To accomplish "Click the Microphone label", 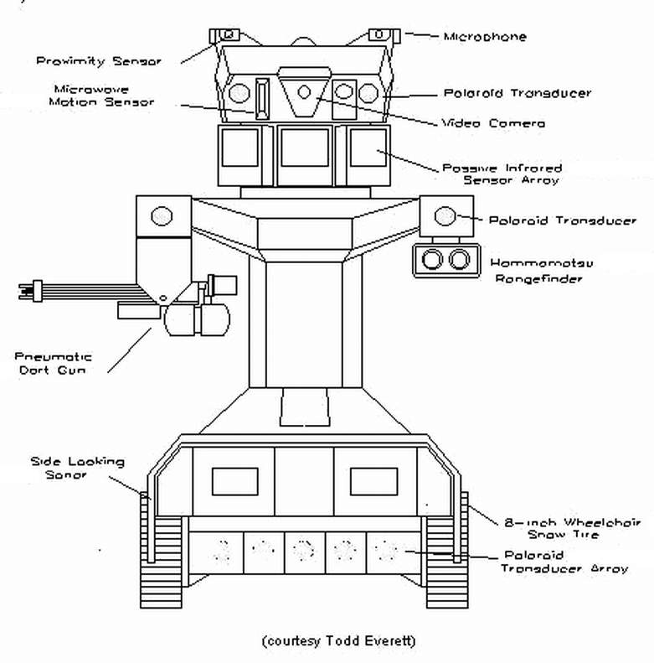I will coord(485,37).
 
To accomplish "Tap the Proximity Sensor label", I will coord(98,60).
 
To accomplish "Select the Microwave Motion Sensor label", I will coord(101,95).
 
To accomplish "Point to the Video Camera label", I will coord(493,123).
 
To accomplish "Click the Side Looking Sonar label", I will coord(77,468).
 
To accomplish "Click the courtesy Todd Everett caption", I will coord(338,641).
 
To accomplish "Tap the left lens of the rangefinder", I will coord(432,259).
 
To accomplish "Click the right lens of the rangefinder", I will coord(458,259).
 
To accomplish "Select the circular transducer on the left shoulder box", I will coord(159,216).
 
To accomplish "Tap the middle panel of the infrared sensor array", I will coord(304,148).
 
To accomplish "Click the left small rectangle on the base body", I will coord(234,481).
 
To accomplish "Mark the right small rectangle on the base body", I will coord(373,481).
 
